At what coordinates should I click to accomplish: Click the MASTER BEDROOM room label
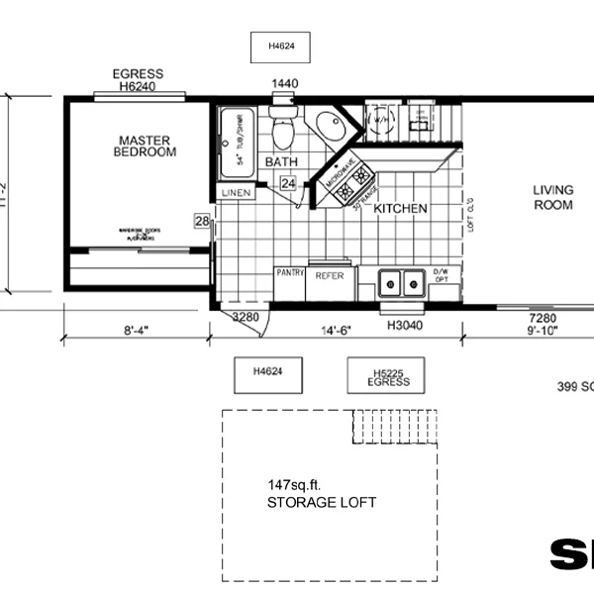pos(145,146)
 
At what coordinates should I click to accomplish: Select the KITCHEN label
pos(401,209)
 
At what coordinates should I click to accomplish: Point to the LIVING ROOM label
pos(553,198)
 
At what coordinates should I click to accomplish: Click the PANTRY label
pos(290,271)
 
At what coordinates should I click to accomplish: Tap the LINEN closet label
pos(236,192)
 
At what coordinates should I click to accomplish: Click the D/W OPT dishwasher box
pos(442,276)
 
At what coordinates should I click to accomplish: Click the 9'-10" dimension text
pos(544,333)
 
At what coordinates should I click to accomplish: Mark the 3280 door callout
pos(246,318)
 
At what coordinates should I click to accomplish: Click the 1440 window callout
pos(285,85)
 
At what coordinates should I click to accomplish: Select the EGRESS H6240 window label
pos(139,80)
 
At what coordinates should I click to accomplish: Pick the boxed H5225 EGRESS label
pos(387,377)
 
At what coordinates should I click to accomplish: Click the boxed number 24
pos(287,183)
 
